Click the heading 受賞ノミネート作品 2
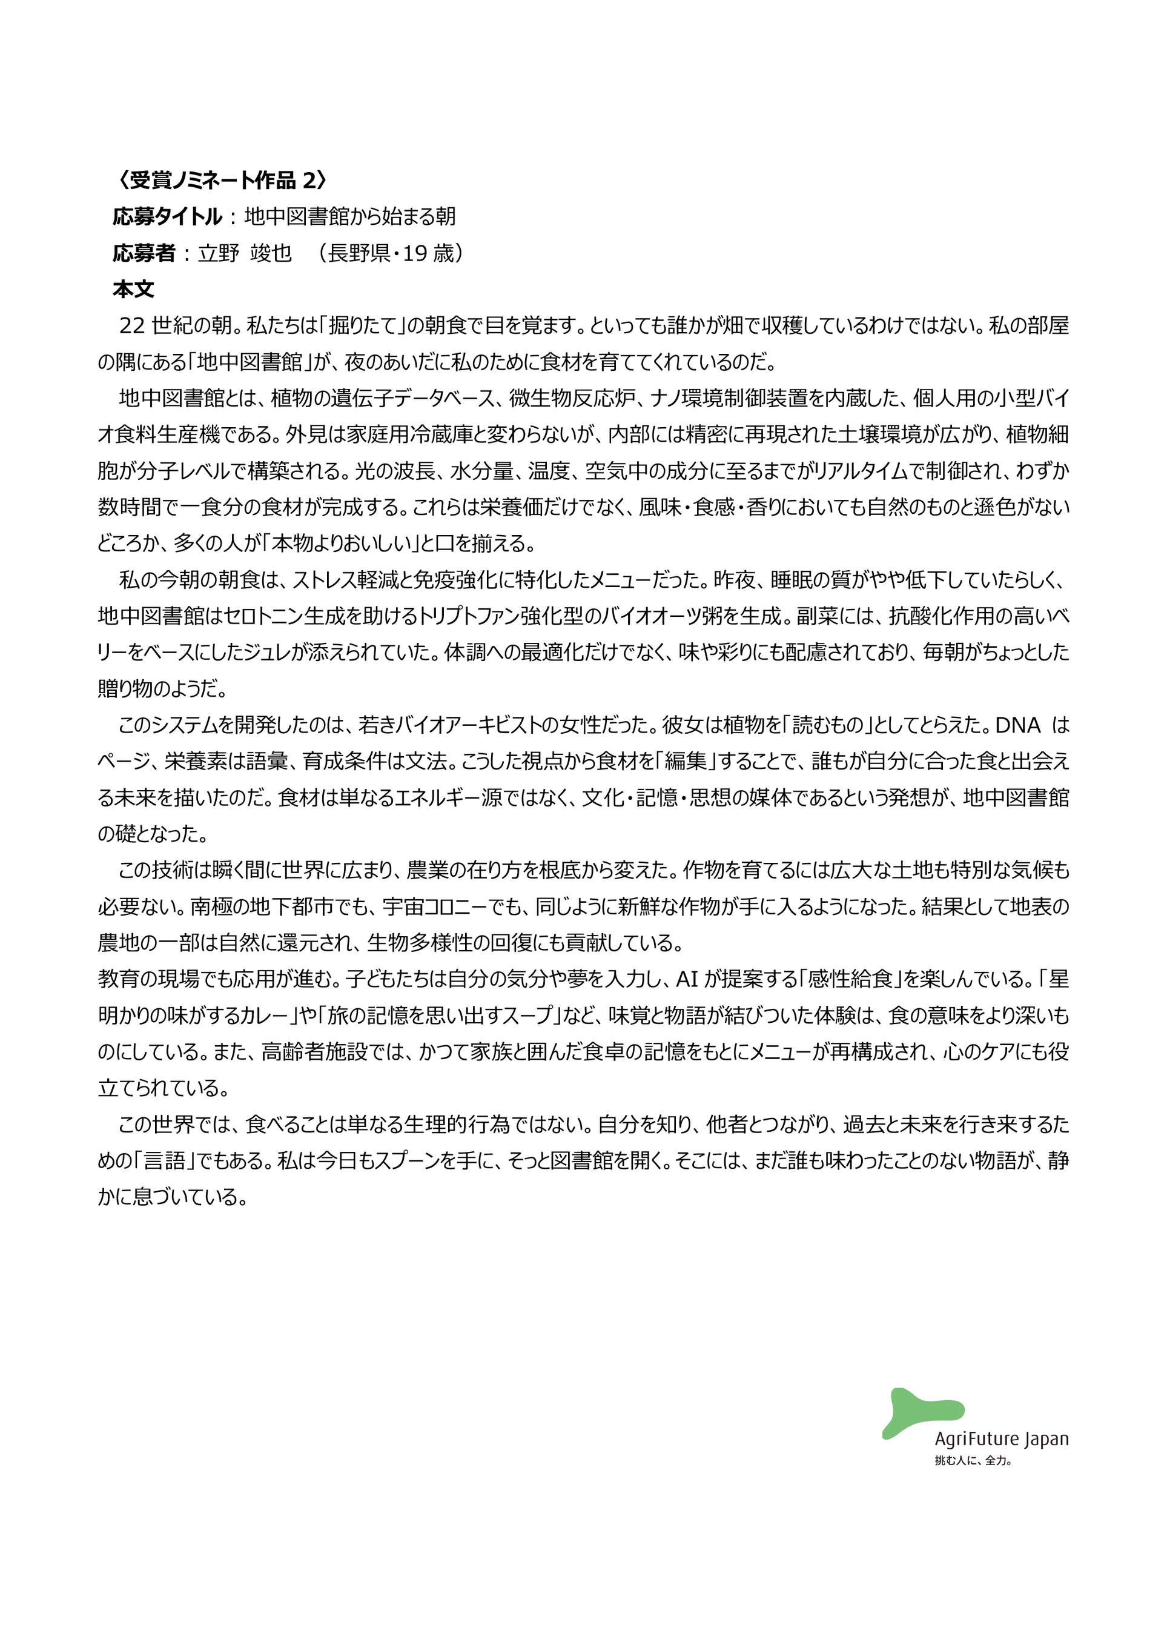coord(222,181)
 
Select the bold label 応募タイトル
coord(167,216)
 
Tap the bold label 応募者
coord(144,253)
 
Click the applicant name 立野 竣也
coord(244,253)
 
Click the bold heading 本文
coord(134,289)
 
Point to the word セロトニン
coord(263,616)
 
